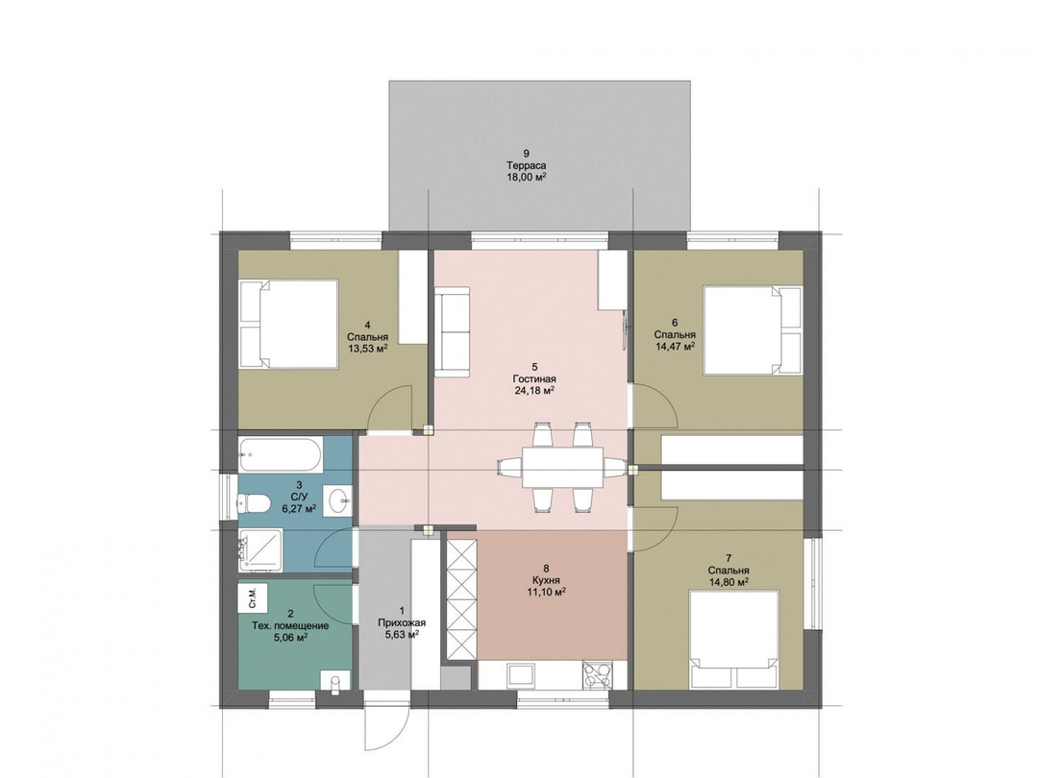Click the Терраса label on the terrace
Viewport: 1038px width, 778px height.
pos(527,165)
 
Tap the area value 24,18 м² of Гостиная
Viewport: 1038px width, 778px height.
pos(534,390)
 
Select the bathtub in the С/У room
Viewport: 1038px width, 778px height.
pos(281,456)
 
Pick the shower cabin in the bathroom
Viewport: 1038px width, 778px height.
pos(260,548)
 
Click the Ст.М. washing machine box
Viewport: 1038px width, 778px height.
pos(252,597)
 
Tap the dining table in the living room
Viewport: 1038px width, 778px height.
pos(562,467)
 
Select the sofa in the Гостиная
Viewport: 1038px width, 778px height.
pos(452,331)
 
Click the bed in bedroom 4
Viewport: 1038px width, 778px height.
pos(288,325)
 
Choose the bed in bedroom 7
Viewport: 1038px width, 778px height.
pos(734,639)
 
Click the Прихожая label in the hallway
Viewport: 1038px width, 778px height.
pos(402,622)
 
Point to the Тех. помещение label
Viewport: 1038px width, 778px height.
pos(290,626)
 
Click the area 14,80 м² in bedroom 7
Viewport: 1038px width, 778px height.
pos(729,582)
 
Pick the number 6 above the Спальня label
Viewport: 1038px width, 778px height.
pos(675,323)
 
